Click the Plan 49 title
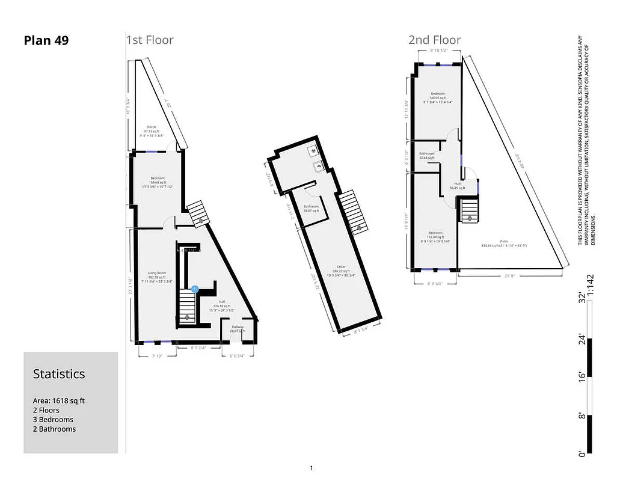point(46,41)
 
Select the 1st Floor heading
point(150,40)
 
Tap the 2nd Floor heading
point(435,40)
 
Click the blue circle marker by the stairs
point(195,289)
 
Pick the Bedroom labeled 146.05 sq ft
point(438,94)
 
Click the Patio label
point(504,241)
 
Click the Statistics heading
point(59,374)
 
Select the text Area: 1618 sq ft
point(63,400)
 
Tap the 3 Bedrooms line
point(53,420)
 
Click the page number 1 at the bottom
point(311,468)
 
